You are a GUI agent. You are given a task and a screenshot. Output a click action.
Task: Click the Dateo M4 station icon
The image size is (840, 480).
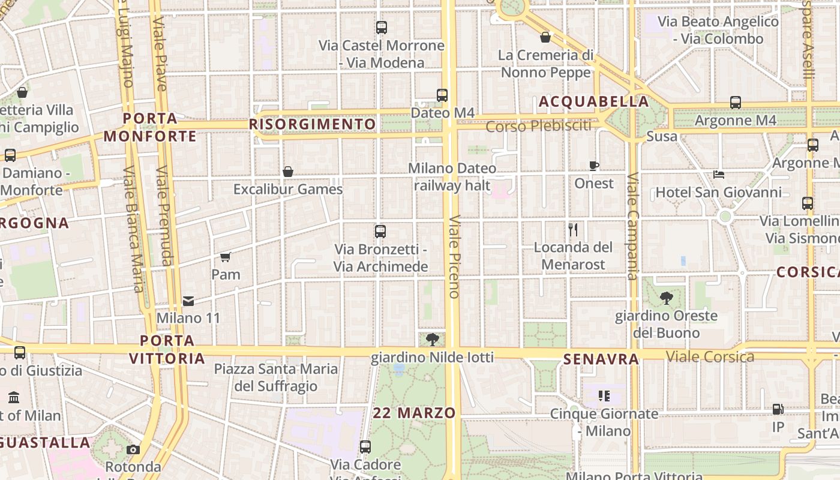(x=442, y=95)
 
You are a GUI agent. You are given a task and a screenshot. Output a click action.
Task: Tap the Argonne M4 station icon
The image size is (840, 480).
(x=736, y=103)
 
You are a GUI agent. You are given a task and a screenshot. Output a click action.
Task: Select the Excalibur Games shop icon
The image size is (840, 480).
(x=288, y=172)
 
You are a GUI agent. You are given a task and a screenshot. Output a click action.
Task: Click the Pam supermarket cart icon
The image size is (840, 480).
(x=226, y=257)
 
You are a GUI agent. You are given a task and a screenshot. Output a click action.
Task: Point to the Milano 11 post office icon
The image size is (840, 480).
(x=188, y=301)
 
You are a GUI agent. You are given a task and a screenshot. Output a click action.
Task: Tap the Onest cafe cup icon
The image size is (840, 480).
(x=594, y=166)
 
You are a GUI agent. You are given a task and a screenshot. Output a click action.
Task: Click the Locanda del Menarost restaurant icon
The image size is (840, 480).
(x=573, y=229)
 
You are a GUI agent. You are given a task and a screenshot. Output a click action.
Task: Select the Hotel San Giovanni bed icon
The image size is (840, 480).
(x=719, y=175)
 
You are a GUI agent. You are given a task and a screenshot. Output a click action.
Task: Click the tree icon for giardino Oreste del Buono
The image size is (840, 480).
(x=666, y=298)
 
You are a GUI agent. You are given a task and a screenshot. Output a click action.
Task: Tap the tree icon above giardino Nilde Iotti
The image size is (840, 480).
(x=432, y=340)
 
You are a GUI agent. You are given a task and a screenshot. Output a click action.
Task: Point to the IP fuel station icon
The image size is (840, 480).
(x=778, y=409)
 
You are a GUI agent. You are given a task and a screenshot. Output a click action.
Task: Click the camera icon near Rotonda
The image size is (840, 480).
(x=133, y=449)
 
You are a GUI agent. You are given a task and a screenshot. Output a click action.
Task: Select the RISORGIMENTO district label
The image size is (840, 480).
(x=313, y=124)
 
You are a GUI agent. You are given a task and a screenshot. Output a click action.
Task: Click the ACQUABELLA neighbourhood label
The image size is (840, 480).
(x=594, y=101)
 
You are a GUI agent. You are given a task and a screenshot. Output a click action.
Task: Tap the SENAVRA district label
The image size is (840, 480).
(x=601, y=359)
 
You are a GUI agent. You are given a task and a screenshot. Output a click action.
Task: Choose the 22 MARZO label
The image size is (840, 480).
(x=414, y=413)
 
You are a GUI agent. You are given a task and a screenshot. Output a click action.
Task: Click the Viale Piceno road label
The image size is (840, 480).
(x=454, y=256)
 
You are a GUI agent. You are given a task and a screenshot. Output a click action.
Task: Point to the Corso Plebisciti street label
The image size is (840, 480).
(x=538, y=126)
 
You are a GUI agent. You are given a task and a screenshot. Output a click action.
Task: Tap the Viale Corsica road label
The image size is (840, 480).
(x=710, y=357)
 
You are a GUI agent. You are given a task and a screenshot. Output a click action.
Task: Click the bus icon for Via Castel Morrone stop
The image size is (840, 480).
(x=382, y=28)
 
